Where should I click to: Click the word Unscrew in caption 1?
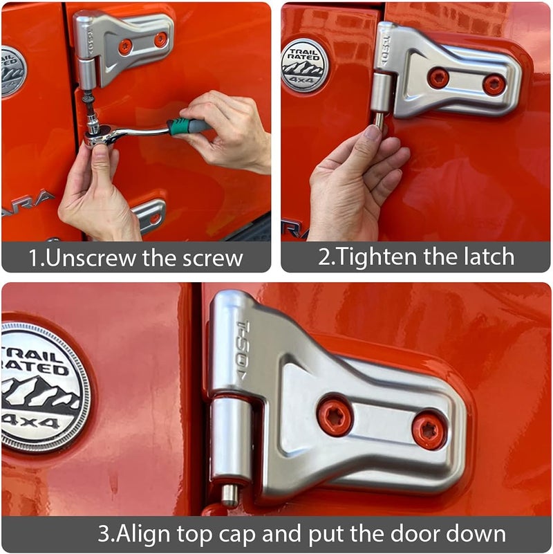click(84, 258)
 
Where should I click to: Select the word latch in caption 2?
click(489, 257)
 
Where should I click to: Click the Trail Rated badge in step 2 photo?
click(305, 65)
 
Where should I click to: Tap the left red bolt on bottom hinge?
click(335, 416)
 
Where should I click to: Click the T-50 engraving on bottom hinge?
click(245, 349)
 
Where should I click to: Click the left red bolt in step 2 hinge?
click(438, 77)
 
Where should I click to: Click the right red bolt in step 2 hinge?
click(494, 84)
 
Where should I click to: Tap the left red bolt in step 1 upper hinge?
click(125, 47)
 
